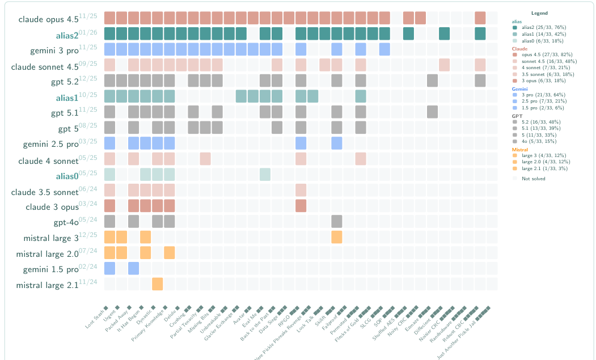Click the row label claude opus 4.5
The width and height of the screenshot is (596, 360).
[48, 20]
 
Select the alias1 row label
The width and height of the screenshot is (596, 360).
[67, 98]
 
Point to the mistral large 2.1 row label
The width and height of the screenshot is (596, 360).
[47, 285]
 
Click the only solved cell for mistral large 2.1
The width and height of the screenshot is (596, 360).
[157, 283]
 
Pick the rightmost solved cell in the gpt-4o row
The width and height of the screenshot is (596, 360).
[336, 221]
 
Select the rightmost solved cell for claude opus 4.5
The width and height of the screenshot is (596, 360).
[480, 18]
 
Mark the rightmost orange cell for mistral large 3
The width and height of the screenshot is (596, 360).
[336, 236]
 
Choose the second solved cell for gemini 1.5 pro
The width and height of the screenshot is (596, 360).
[133, 268]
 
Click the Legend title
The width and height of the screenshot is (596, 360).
[539, 13]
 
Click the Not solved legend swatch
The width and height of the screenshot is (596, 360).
[514, 179]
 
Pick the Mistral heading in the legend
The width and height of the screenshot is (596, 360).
[519, 150]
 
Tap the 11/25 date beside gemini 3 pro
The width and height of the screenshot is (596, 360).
[88, 47]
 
